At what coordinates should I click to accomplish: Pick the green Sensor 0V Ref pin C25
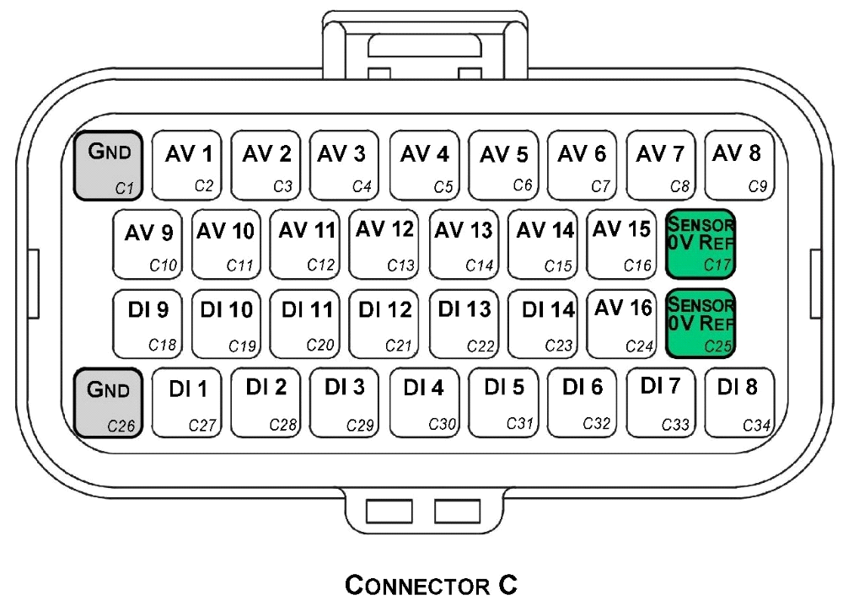tap(701, 324)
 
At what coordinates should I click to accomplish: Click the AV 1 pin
tap(187, 165)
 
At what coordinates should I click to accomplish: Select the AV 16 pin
tap(622, 324)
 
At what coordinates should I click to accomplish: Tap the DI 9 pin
tap(148, 324)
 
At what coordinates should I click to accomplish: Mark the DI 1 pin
tap(187, 402)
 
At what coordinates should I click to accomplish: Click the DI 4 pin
tap(424, 402)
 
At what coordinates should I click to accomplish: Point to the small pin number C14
tap(479, 265)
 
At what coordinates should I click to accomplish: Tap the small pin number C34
tap(756, 426)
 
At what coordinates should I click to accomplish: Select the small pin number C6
tap(523, 185)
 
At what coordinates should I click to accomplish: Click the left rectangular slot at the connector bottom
tap(389, 511)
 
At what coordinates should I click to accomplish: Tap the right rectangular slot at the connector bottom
tap(456, 511)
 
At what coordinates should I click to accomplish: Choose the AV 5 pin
tap(503, 165)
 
